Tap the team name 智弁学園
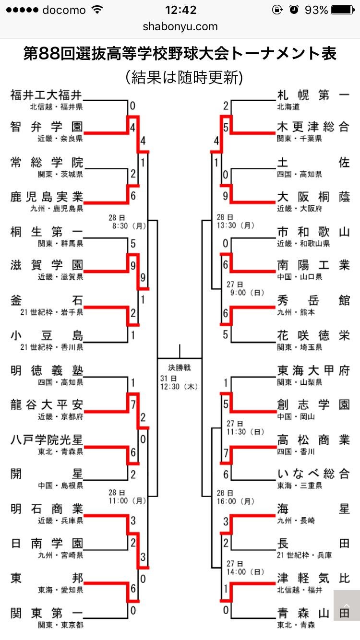(47, 127)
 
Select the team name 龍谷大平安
(47, 404)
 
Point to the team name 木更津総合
(313, 127)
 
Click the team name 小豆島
(47, 335)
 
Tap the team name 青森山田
(313, 613)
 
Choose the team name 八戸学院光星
(47, 440)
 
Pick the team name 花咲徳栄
(313, 335)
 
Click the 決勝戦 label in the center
(180, 367)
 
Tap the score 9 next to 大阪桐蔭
(226, 196)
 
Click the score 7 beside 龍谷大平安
(133, 404)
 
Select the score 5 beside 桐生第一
(133, 244)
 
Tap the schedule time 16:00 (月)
(235, 501)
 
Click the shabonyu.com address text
(180, 27)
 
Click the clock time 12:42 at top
(180, 10)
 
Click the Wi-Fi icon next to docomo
(98, 10)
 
